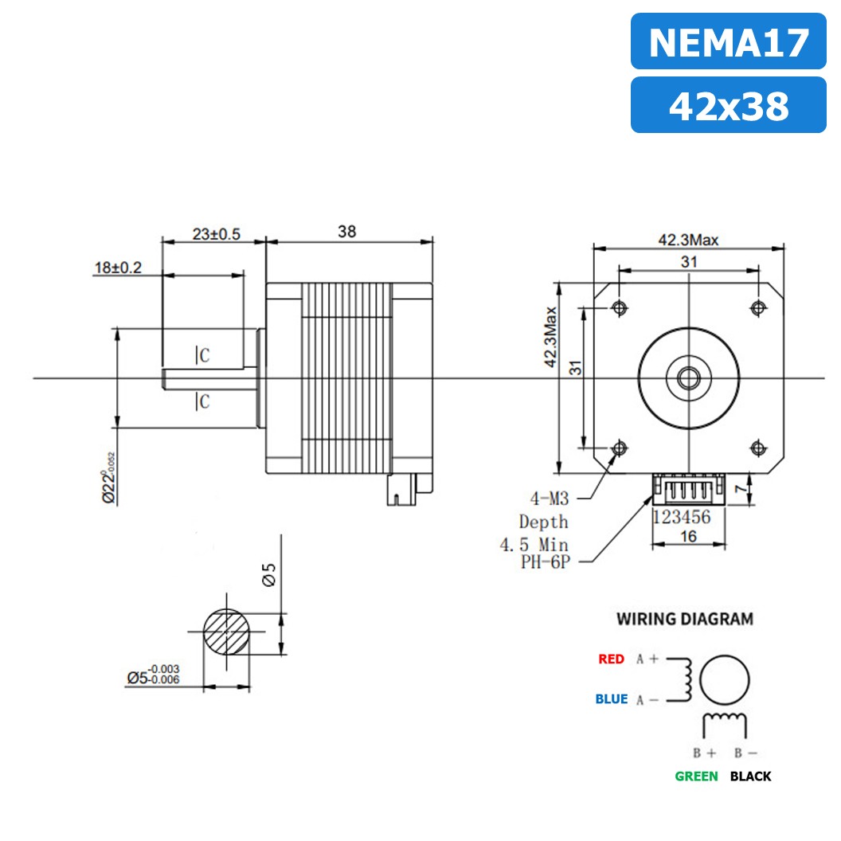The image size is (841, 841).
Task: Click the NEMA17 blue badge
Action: point(728,41)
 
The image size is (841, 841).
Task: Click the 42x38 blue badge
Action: point(728,105)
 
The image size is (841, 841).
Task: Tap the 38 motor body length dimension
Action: point(346,232)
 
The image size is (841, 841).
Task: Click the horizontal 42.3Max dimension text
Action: point(688,240)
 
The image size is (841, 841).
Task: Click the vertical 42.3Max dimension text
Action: point(549,337)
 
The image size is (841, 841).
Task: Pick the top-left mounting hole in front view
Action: point(619,307)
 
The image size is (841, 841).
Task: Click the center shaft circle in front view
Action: point(688,377)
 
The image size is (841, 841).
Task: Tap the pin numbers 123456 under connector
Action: point(682,516)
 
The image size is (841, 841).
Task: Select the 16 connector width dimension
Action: point(689,536)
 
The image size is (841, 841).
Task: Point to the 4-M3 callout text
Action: point(550,499)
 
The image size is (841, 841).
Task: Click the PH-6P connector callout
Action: point(545,561)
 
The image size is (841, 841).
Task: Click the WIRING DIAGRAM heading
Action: point(684,619)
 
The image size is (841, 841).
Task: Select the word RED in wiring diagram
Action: point(611,659)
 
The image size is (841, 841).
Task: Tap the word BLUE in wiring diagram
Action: point(611,699)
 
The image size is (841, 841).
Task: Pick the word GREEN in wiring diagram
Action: point(696,776)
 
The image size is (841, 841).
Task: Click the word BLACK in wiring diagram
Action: point(750,776)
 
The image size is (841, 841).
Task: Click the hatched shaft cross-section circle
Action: point(227,633)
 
